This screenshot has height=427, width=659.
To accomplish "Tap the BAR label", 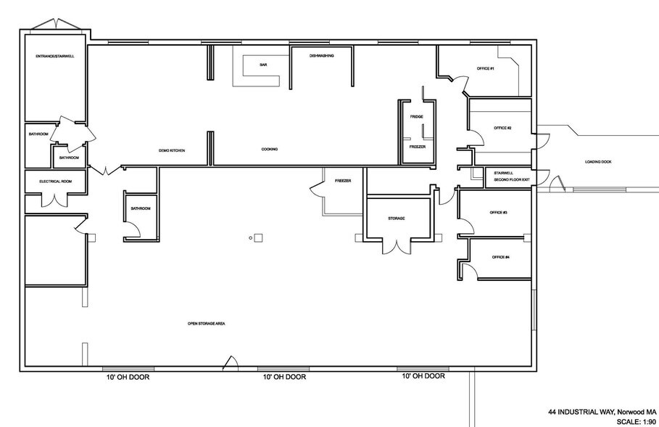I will click(x=263, y=65).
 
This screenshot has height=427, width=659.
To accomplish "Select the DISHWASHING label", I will click(x=321, y=56).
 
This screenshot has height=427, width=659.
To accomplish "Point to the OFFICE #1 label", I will click(x=485, y=68).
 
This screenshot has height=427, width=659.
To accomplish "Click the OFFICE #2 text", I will click(x=502, y=128).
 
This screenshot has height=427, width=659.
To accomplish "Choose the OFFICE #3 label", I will click(x=498, y=212).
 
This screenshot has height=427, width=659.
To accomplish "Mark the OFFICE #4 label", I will click(x=501, y=257).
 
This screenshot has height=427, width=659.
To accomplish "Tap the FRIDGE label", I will click(x=416, y=117).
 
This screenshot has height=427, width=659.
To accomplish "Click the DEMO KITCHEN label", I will click(x=172, y=150).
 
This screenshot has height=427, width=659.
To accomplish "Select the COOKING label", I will click(x=270, y=150).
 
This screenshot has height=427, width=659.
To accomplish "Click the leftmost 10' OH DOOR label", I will click(x=125, y=377).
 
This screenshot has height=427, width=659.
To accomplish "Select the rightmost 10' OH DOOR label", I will click(x=423, y=376).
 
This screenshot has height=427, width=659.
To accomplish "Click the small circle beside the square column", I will click(x=251, y=237).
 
